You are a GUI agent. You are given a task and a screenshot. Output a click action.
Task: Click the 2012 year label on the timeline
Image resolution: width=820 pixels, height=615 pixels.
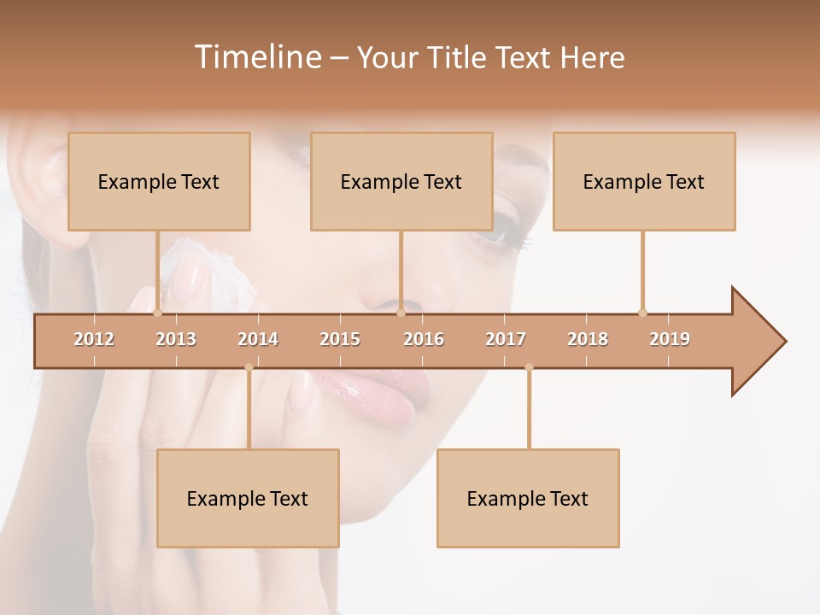[x=94, y=339]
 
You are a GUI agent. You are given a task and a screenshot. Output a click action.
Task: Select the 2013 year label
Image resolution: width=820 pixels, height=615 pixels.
[x=176, y=339]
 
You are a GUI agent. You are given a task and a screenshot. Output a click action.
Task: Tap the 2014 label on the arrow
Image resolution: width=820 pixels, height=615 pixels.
[x=258, y=339]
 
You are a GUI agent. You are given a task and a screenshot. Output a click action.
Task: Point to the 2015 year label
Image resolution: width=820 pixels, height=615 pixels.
[x=340, y=339]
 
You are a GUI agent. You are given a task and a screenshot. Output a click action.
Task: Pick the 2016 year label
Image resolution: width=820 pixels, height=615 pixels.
[x=424, y=339]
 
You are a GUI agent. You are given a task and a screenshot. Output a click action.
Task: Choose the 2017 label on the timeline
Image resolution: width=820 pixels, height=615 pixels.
[x=506, y=339]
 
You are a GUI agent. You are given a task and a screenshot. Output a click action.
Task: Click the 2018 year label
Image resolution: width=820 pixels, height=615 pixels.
[x=588, y=339]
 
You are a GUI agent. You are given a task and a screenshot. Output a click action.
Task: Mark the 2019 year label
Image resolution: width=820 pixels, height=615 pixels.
[x=670, y=339]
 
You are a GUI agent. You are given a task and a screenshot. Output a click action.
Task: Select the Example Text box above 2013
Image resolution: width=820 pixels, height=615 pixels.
[x=159, y=181]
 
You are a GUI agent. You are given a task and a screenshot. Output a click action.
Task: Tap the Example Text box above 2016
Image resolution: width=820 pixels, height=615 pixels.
[x=401, y=181]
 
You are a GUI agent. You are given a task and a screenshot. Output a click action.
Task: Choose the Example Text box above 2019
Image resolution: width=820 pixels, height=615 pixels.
[x=644, y=181]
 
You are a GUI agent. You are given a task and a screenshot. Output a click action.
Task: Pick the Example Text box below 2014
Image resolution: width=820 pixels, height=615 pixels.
[x=248, y=498]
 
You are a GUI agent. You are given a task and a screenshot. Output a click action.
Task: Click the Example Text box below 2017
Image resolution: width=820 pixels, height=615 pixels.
[x=528, y=498]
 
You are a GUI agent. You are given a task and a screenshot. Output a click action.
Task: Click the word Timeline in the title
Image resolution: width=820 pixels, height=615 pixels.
[x=256, y=57]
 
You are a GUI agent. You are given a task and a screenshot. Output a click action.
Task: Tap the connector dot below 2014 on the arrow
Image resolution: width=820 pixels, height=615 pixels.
[x=249, y=367]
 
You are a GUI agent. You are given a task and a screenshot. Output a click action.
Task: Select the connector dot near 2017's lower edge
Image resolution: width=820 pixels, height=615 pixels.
[x=529, y=367]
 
